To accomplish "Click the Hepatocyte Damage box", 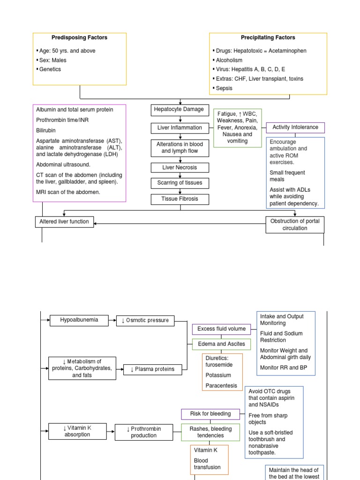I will [180, 110].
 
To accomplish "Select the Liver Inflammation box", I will [180, 127].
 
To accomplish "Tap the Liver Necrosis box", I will [180, 167].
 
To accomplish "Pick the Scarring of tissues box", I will [180, 183].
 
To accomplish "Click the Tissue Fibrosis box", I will [180, 199].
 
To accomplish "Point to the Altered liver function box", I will [64, 222].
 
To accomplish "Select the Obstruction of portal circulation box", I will [295, 225].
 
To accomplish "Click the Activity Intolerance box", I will [295, 127].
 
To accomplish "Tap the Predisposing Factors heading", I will [79, 37].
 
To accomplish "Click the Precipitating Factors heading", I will [268, 37].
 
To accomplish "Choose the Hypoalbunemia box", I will [79, 320].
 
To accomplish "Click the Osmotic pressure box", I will [145, 321].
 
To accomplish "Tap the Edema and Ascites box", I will [221, 344].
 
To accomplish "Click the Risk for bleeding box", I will [210, 414].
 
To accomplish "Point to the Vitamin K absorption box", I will [77, 431].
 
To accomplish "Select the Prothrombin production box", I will [144, 432].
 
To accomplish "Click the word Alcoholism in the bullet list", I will [229, 60].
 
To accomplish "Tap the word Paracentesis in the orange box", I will [221, 386].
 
